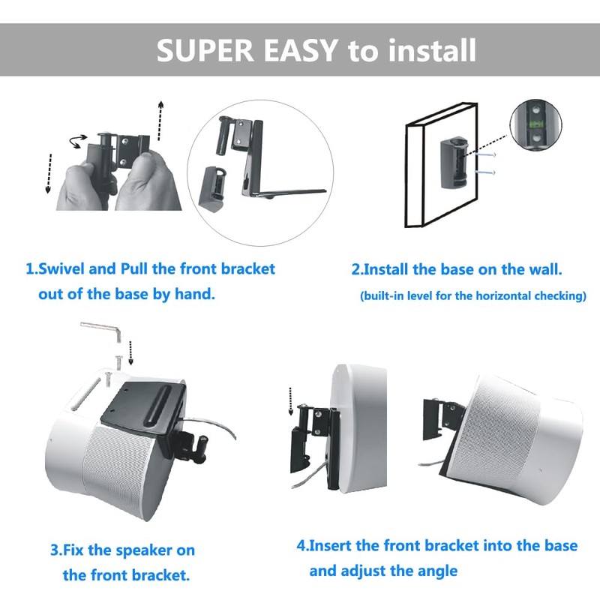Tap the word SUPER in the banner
point(199,50)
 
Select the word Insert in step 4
point(337,545)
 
